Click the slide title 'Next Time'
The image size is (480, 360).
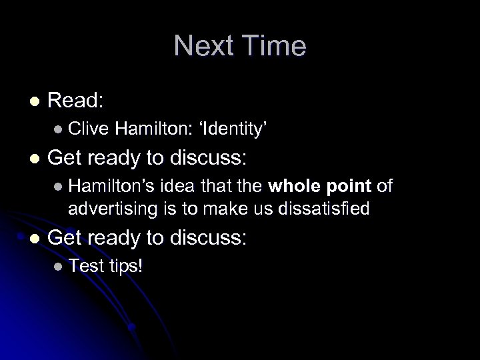(240, 47)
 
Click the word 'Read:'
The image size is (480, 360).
(75, 101)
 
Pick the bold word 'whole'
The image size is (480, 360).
(294, 184)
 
